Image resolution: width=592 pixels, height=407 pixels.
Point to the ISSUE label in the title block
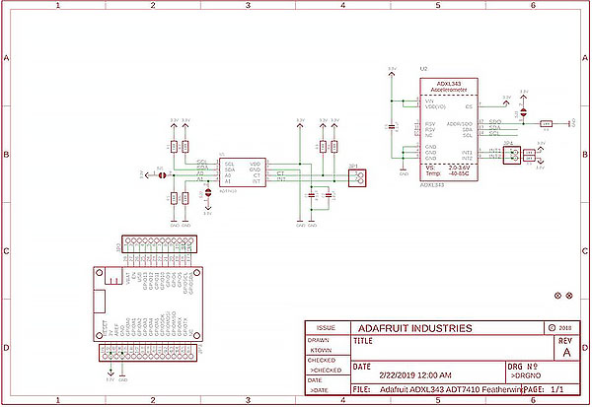coord(327,328)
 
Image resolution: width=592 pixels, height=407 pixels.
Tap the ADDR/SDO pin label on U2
coord(460,124)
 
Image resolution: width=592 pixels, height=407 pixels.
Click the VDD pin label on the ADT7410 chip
coord(255,164)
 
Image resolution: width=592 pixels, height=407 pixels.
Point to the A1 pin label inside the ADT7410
coord(228,182)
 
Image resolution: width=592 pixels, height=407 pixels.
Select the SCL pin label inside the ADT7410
coord(229,164)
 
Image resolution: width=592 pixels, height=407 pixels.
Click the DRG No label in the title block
coord(522,366)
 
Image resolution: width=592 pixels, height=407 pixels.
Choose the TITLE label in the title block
coord(363,342)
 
